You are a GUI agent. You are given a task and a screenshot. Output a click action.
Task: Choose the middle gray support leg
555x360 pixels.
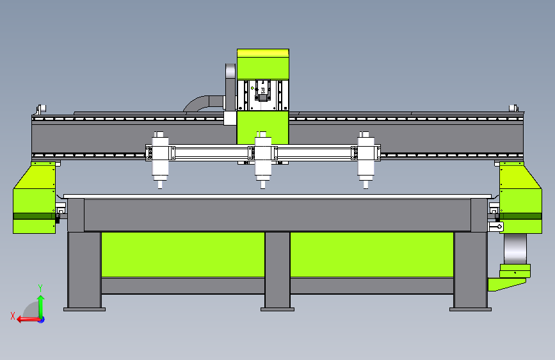(277, 269)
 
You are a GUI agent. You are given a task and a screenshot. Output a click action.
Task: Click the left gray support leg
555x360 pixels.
(84, 269)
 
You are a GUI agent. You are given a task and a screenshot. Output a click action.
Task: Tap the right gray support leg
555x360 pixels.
(470, 269)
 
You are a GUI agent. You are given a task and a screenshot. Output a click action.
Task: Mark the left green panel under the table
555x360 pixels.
(182, 254)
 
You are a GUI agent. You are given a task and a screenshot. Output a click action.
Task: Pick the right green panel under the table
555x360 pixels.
(371, 254)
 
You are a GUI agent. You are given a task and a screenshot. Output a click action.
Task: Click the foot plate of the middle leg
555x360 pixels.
(277, 309)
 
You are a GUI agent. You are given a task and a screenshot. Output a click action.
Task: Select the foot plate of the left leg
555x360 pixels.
(84, 309)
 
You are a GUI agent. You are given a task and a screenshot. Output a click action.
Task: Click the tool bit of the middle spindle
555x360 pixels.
(262, 186)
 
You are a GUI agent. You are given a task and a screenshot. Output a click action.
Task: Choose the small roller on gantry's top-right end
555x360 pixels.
(513, 108)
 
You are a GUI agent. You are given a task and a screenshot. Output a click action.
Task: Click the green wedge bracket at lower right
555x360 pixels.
(510, 281)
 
